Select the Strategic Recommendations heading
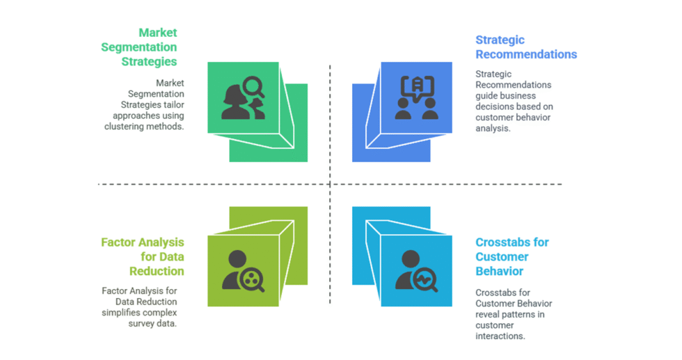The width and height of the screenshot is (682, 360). [526, 47]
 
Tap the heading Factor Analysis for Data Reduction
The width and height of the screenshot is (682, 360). [143, 256]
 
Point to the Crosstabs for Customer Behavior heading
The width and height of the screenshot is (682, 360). [512, 256]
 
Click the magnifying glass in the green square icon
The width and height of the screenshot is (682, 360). [252, 87]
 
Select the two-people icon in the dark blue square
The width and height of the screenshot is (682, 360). [416, 97]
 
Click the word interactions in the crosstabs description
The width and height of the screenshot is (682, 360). [500, 336]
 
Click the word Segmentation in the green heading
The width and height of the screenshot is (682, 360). [138, 47]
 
